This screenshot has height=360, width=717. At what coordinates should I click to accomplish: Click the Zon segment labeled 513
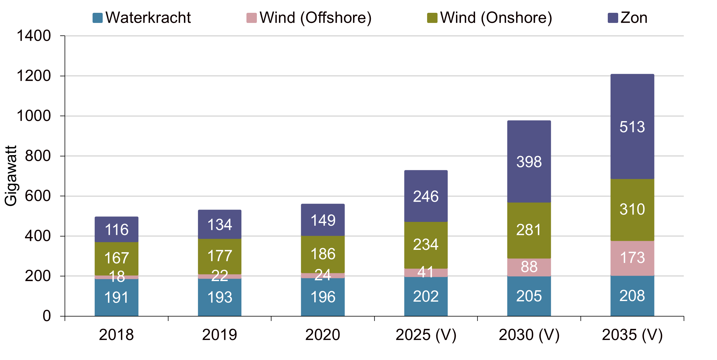(632, 126)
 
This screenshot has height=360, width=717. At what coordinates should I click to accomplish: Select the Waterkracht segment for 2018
(116, 297)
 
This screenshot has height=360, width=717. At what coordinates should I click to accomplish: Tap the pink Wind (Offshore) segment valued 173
(632, 258)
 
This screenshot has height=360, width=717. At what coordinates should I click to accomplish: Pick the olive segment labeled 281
(529, 230)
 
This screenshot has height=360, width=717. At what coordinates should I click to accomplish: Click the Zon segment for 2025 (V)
(426, 196)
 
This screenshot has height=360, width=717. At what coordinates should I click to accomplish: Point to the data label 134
(220, 225)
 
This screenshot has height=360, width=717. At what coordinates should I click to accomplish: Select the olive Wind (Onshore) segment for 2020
(323, 254)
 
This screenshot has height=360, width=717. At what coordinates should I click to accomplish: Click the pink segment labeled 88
(529, 267)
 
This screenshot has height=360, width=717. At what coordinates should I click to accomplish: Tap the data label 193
(220, 297)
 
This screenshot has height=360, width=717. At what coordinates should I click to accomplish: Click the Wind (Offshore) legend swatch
(252, 18)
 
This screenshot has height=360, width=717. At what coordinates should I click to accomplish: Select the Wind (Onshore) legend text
(496, 18)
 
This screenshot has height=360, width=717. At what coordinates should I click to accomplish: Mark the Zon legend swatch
(613, 18)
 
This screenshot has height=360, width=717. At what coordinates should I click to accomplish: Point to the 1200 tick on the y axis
(34, 76)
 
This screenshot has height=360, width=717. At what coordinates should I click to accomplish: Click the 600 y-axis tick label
(38, 196)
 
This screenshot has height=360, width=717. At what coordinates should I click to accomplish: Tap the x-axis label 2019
(220, 335)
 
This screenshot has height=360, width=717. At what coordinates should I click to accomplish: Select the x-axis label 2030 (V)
(529, 335)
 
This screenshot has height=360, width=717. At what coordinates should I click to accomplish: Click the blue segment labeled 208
(632, 296)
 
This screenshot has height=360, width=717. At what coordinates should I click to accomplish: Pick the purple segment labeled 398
(529, 161)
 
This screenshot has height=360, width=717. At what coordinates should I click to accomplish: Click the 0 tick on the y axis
(47, 316)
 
